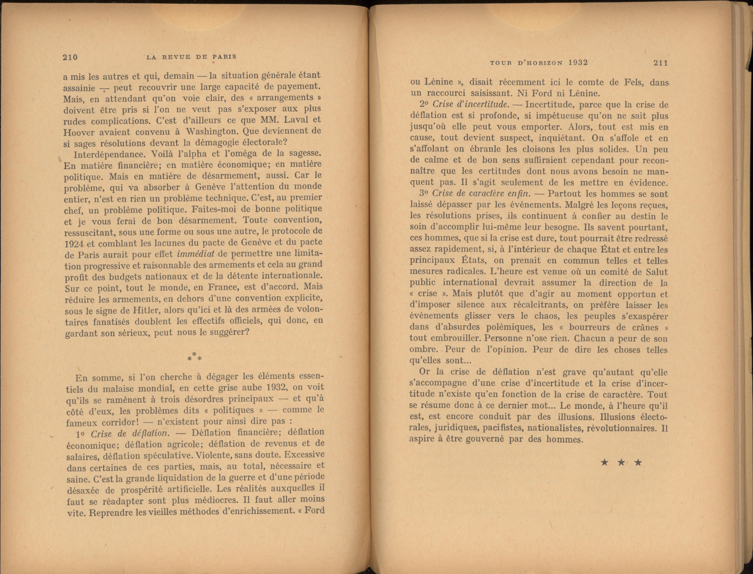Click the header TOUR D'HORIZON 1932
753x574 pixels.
(539, 63)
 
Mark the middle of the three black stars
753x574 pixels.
(621, 463)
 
